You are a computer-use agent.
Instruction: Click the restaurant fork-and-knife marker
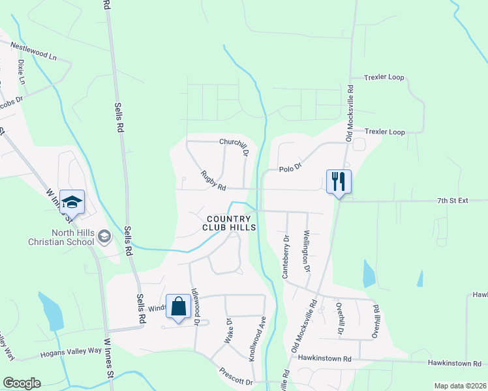338,181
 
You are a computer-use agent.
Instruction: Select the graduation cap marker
72,201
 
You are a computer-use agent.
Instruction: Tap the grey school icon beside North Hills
104,237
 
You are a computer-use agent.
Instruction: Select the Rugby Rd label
213,181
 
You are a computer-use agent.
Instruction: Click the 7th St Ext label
453,201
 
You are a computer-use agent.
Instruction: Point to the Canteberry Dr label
285,256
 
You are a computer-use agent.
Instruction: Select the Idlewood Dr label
195,306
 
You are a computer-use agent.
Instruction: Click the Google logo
22,383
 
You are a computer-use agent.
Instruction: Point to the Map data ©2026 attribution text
459,386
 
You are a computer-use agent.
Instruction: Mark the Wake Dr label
229,331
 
